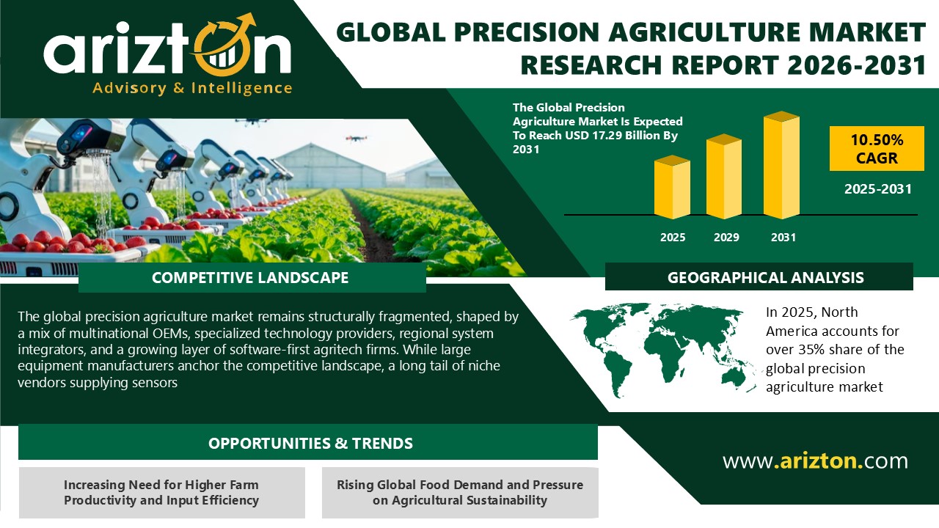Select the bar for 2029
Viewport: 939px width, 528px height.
[723, 177]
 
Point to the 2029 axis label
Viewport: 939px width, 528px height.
[726, 238]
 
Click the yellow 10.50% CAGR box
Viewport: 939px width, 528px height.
[877, 148]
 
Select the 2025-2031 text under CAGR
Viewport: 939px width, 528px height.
[877, 189]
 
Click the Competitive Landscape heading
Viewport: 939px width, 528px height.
[250, 278]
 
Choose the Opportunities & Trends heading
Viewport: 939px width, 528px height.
[310, 444]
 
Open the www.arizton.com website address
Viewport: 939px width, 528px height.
[815, 461]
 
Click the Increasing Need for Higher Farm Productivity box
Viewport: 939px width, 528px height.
[161, 493]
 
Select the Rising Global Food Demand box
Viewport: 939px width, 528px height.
[460, 493]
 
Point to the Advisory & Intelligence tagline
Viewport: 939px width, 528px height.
[192, 88]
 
